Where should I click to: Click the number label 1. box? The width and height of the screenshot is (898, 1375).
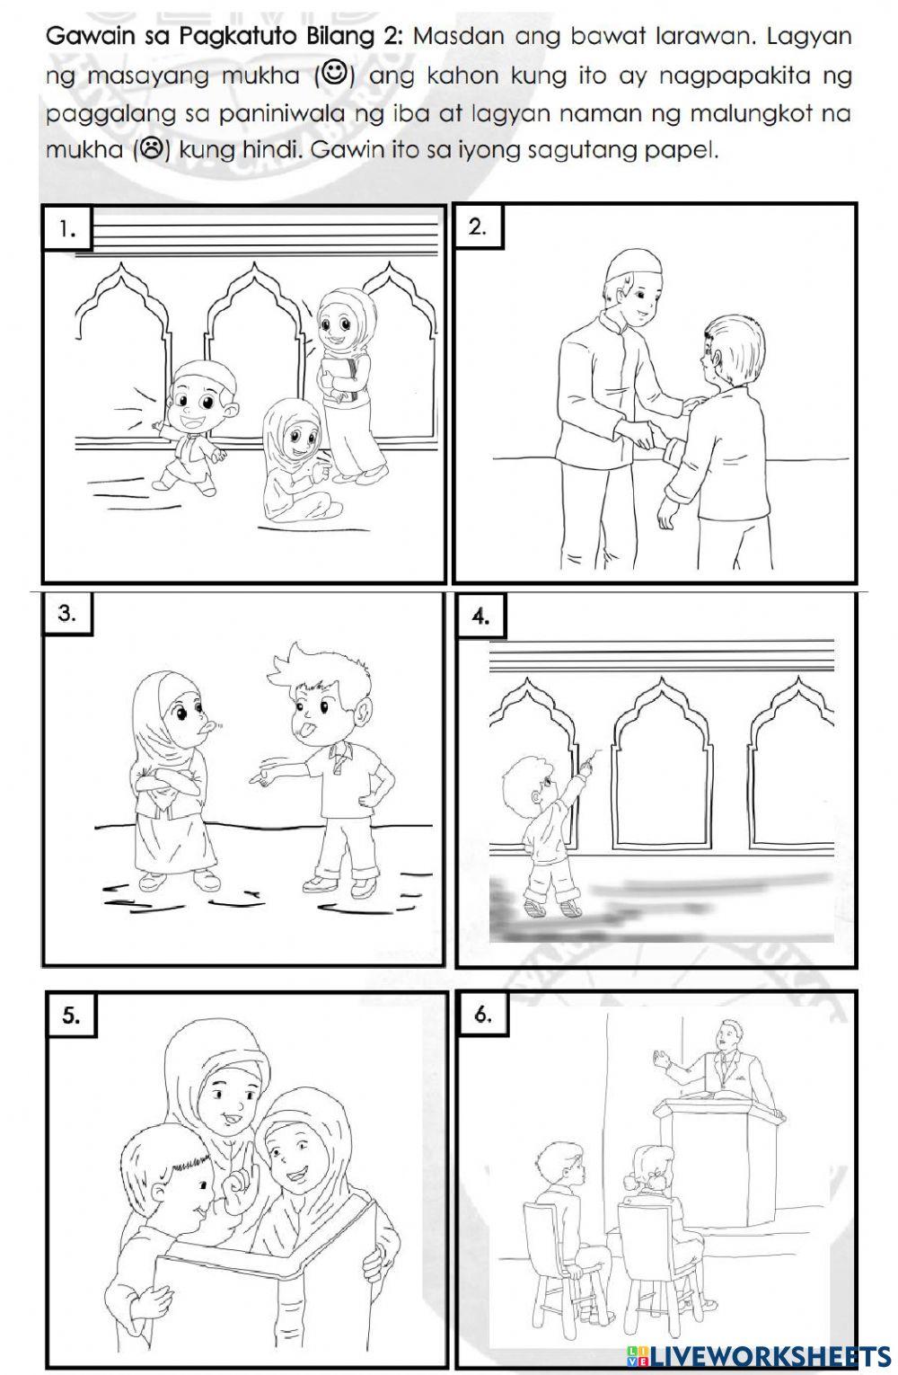[x=66, y=229]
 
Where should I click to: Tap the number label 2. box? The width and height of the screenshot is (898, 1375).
[x=478, y=226]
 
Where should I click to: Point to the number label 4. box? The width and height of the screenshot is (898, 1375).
[x=480, y=617]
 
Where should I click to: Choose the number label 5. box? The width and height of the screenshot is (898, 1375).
[x=71, y=1015]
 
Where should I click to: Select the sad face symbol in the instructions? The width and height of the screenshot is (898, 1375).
[x=151, y=149]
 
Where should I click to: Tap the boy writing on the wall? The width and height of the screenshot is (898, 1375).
[x=543, y=827]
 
